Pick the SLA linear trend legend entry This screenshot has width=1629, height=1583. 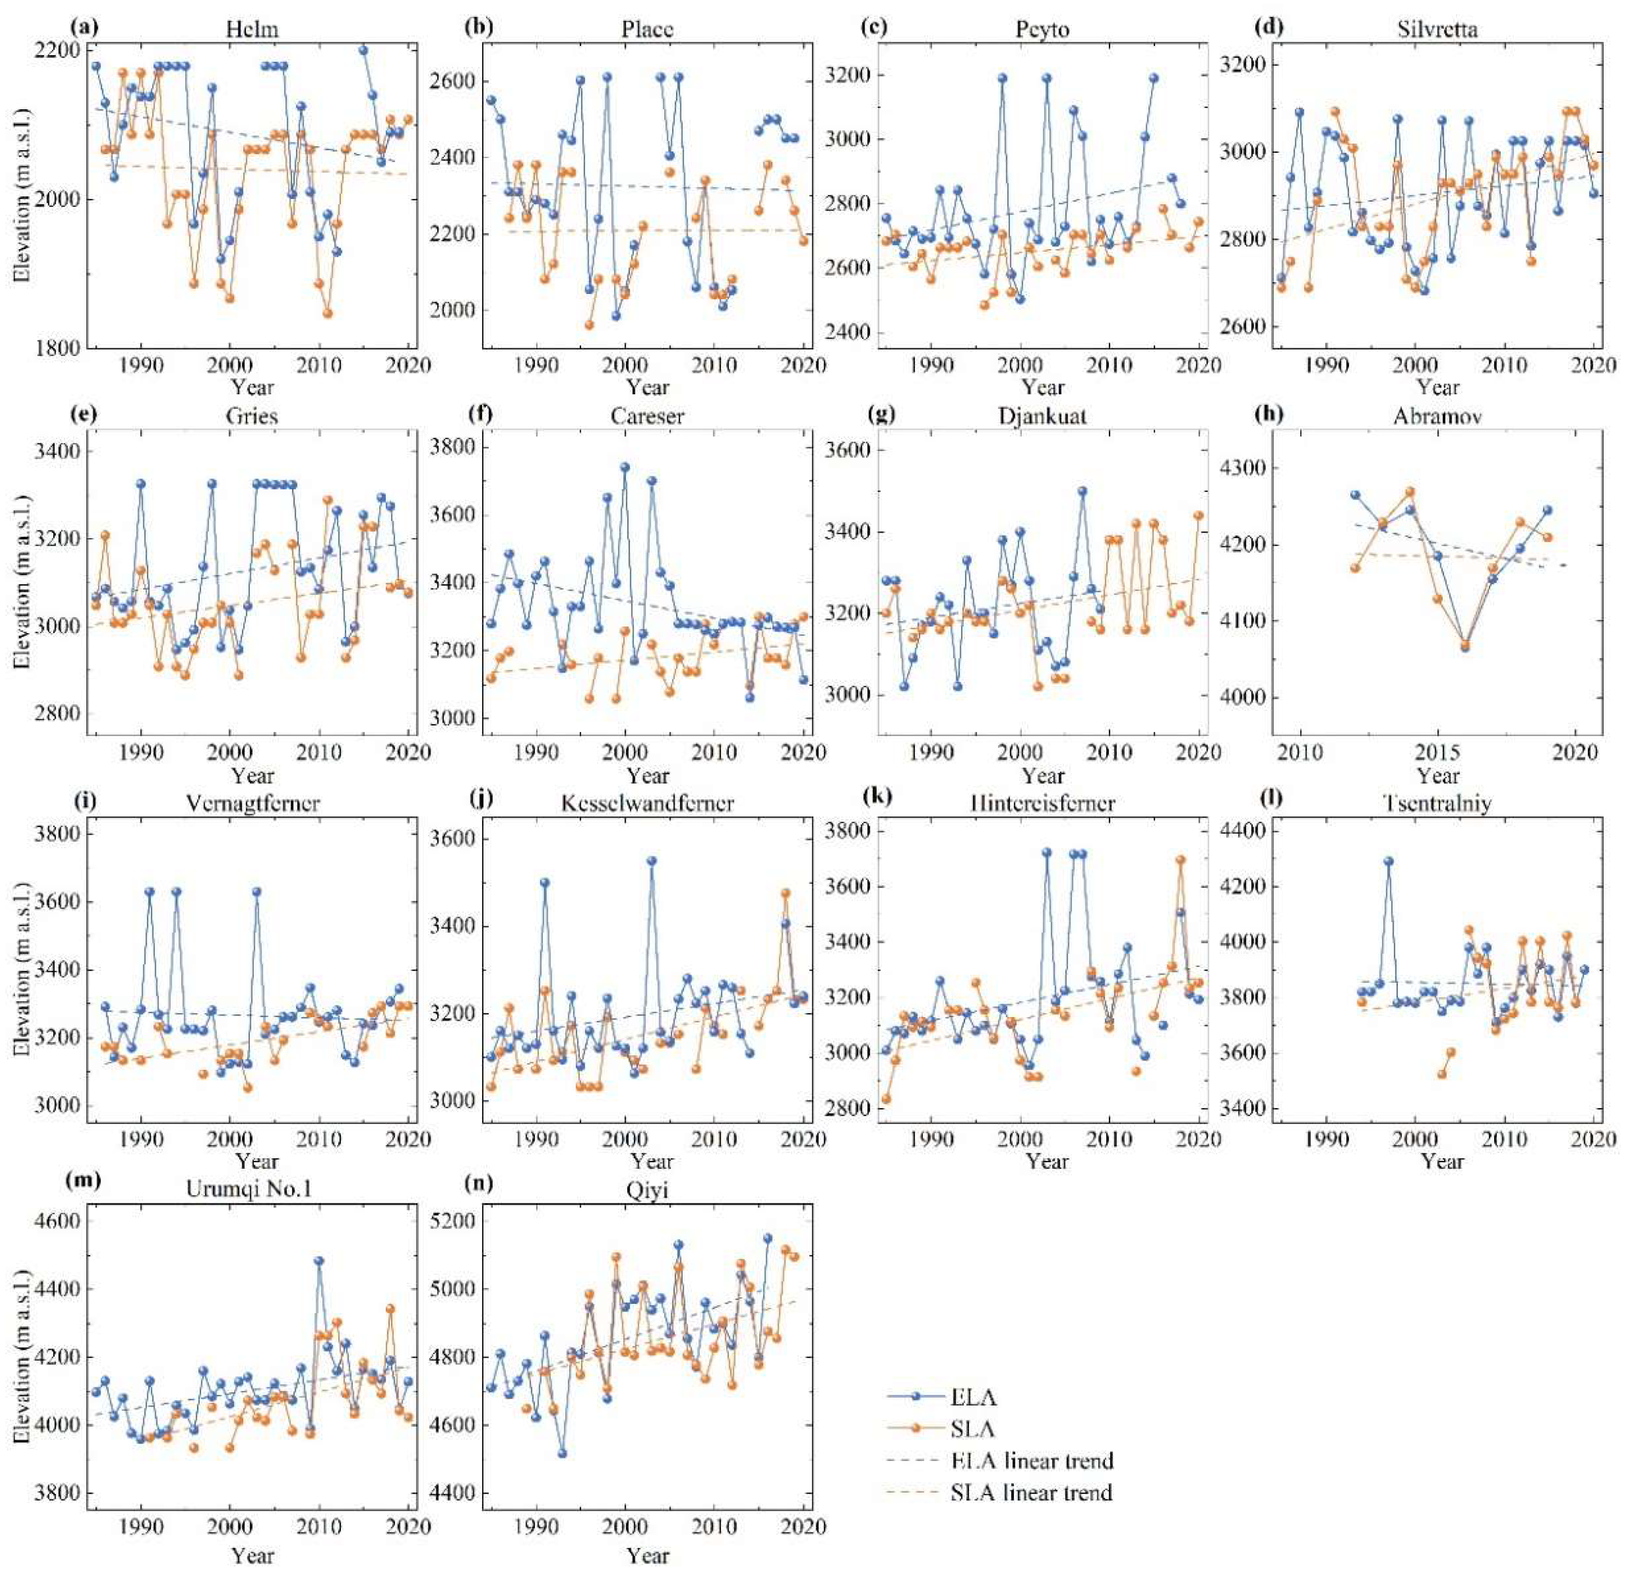[1030, 1493]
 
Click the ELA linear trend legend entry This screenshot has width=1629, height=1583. [1030, 1460]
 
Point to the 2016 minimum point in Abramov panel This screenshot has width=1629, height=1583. [1465, 646]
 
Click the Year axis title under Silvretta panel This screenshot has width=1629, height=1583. [1438, 387]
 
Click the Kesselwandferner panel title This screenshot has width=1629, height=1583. [647, 803]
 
